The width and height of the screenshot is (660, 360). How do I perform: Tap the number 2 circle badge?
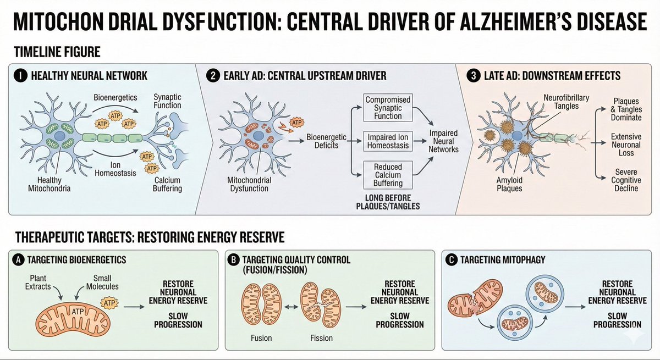tap(211, 76)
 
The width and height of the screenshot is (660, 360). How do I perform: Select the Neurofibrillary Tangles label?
tap(566, 102)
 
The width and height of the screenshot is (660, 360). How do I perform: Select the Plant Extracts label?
tap(40, 282)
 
